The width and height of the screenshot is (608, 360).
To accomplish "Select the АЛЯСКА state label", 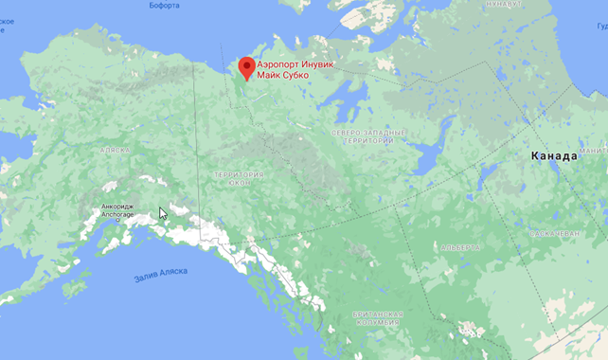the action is pyautogui.click(x=115, y=150).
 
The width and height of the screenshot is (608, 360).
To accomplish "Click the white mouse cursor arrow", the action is pyautogui.click(x=163, y=213).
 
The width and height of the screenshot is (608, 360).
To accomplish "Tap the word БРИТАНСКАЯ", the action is pyautogui.click(x=377, y=315).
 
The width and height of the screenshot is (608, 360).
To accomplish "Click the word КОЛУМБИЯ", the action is pyautogui.click(x=377, y=323).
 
